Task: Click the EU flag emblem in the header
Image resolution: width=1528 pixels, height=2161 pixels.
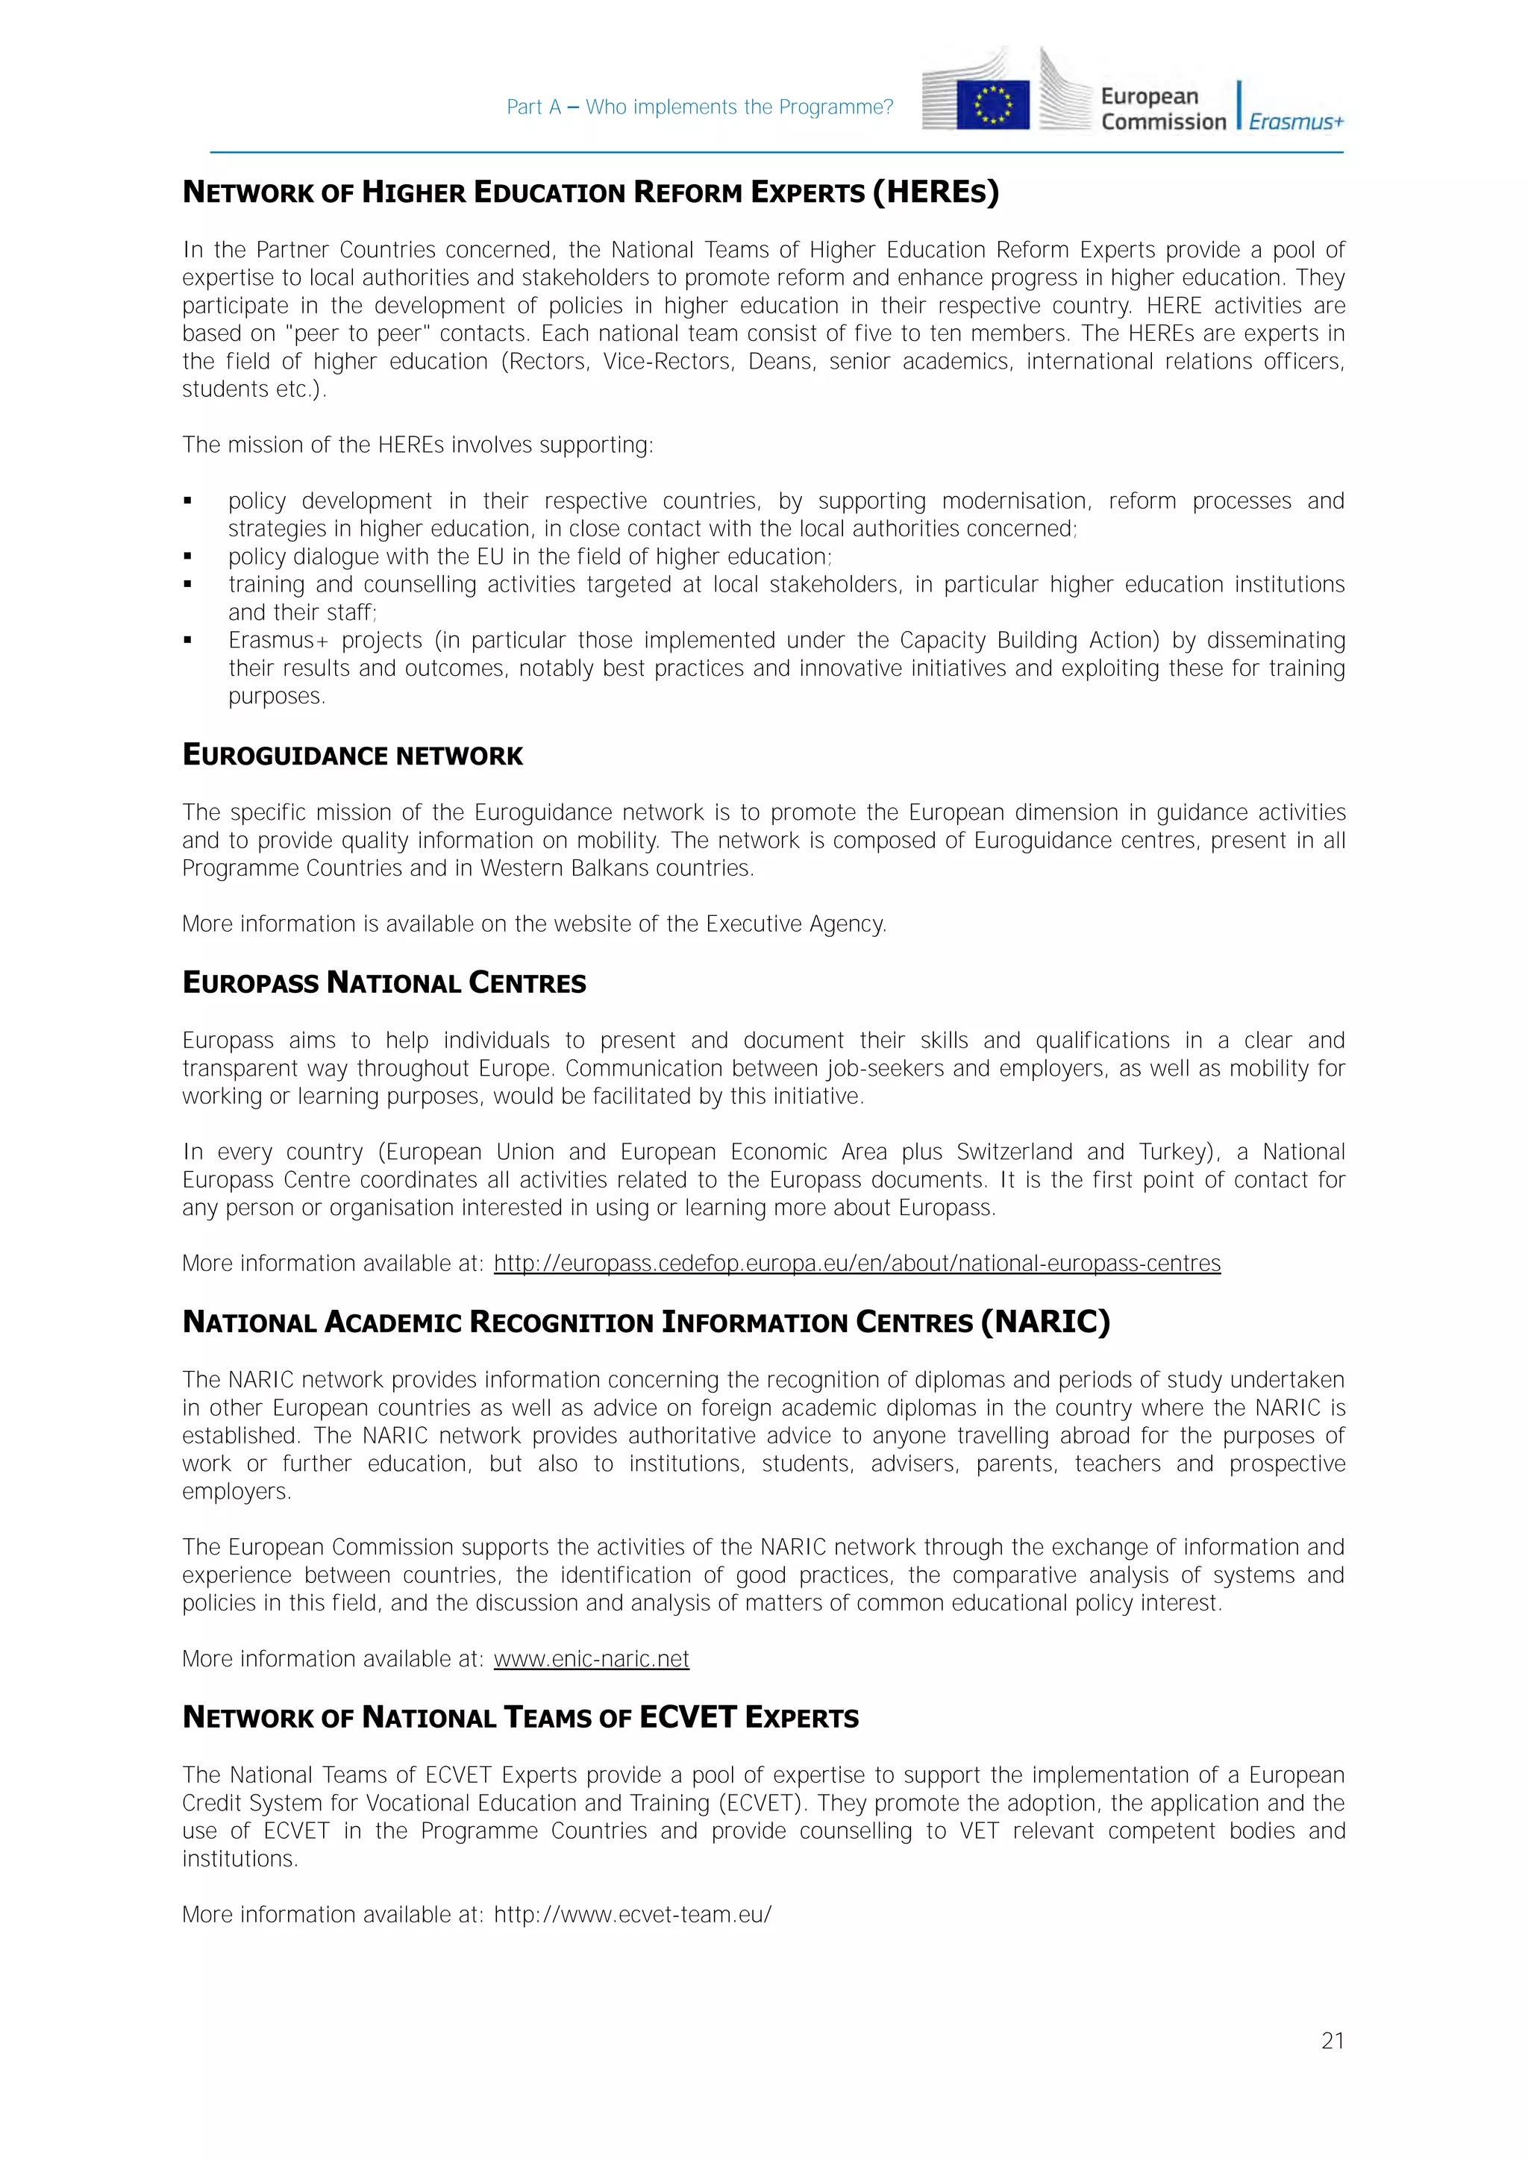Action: (x=992, y=104)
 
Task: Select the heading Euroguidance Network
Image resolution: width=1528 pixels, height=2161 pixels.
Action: (x=352, y=756)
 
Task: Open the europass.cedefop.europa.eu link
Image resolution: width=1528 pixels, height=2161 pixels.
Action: (x=857, y=1263)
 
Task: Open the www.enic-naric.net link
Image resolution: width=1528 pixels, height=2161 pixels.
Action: (x=591, y=1658)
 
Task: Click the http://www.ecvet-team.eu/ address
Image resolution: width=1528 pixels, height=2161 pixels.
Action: (x=633, y=1914)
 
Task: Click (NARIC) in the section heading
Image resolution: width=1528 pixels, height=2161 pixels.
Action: (x=1045, y=1322)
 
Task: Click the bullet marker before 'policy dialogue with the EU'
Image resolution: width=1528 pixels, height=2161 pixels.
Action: (x=188, y=557)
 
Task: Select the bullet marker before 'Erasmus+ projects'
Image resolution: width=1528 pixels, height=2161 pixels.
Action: (x=188, y=641)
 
